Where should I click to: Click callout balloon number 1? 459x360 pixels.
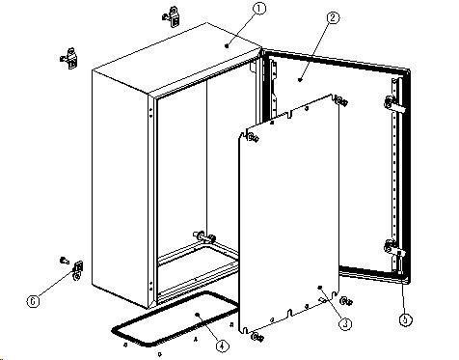(259, 9)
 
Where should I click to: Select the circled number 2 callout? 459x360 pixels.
(333, 17)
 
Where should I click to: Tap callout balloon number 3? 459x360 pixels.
(345, 323)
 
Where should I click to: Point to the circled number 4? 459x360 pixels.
(222, 346)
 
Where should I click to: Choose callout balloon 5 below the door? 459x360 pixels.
(406, 319)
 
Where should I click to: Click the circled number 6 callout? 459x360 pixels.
(33, 301)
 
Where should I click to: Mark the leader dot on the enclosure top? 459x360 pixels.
(227, 46)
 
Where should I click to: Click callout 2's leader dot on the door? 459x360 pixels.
(300, 79)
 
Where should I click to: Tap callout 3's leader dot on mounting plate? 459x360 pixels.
(320, 288)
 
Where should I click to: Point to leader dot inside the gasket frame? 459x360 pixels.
(198, 314)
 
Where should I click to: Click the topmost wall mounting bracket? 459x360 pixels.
(172, 16)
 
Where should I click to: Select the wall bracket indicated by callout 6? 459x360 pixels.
(78, 270)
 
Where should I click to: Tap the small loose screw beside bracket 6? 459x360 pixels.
(65, 260)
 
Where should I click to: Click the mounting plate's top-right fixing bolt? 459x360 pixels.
(342, 102)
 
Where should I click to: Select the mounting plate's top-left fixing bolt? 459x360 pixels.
(254, 138)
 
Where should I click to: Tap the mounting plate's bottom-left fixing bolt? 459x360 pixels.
(257, 338)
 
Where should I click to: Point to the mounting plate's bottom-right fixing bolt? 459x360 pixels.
(347, 301)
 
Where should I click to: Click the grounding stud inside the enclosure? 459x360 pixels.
(203, 237)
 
